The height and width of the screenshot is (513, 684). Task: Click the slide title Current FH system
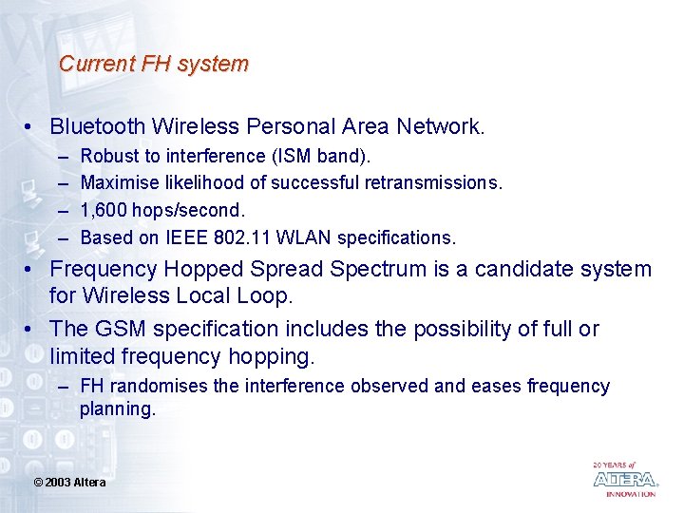point(153,64)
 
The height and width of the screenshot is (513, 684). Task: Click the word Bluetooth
point(98,125)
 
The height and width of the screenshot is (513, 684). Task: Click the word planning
point(117,408)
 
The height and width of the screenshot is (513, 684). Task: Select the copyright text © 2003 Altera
point(69,483)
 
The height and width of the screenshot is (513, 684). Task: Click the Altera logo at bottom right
point(624,479)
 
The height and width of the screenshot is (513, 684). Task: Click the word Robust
point(107,155)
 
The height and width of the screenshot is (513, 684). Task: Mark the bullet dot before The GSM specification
point(30,330)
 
